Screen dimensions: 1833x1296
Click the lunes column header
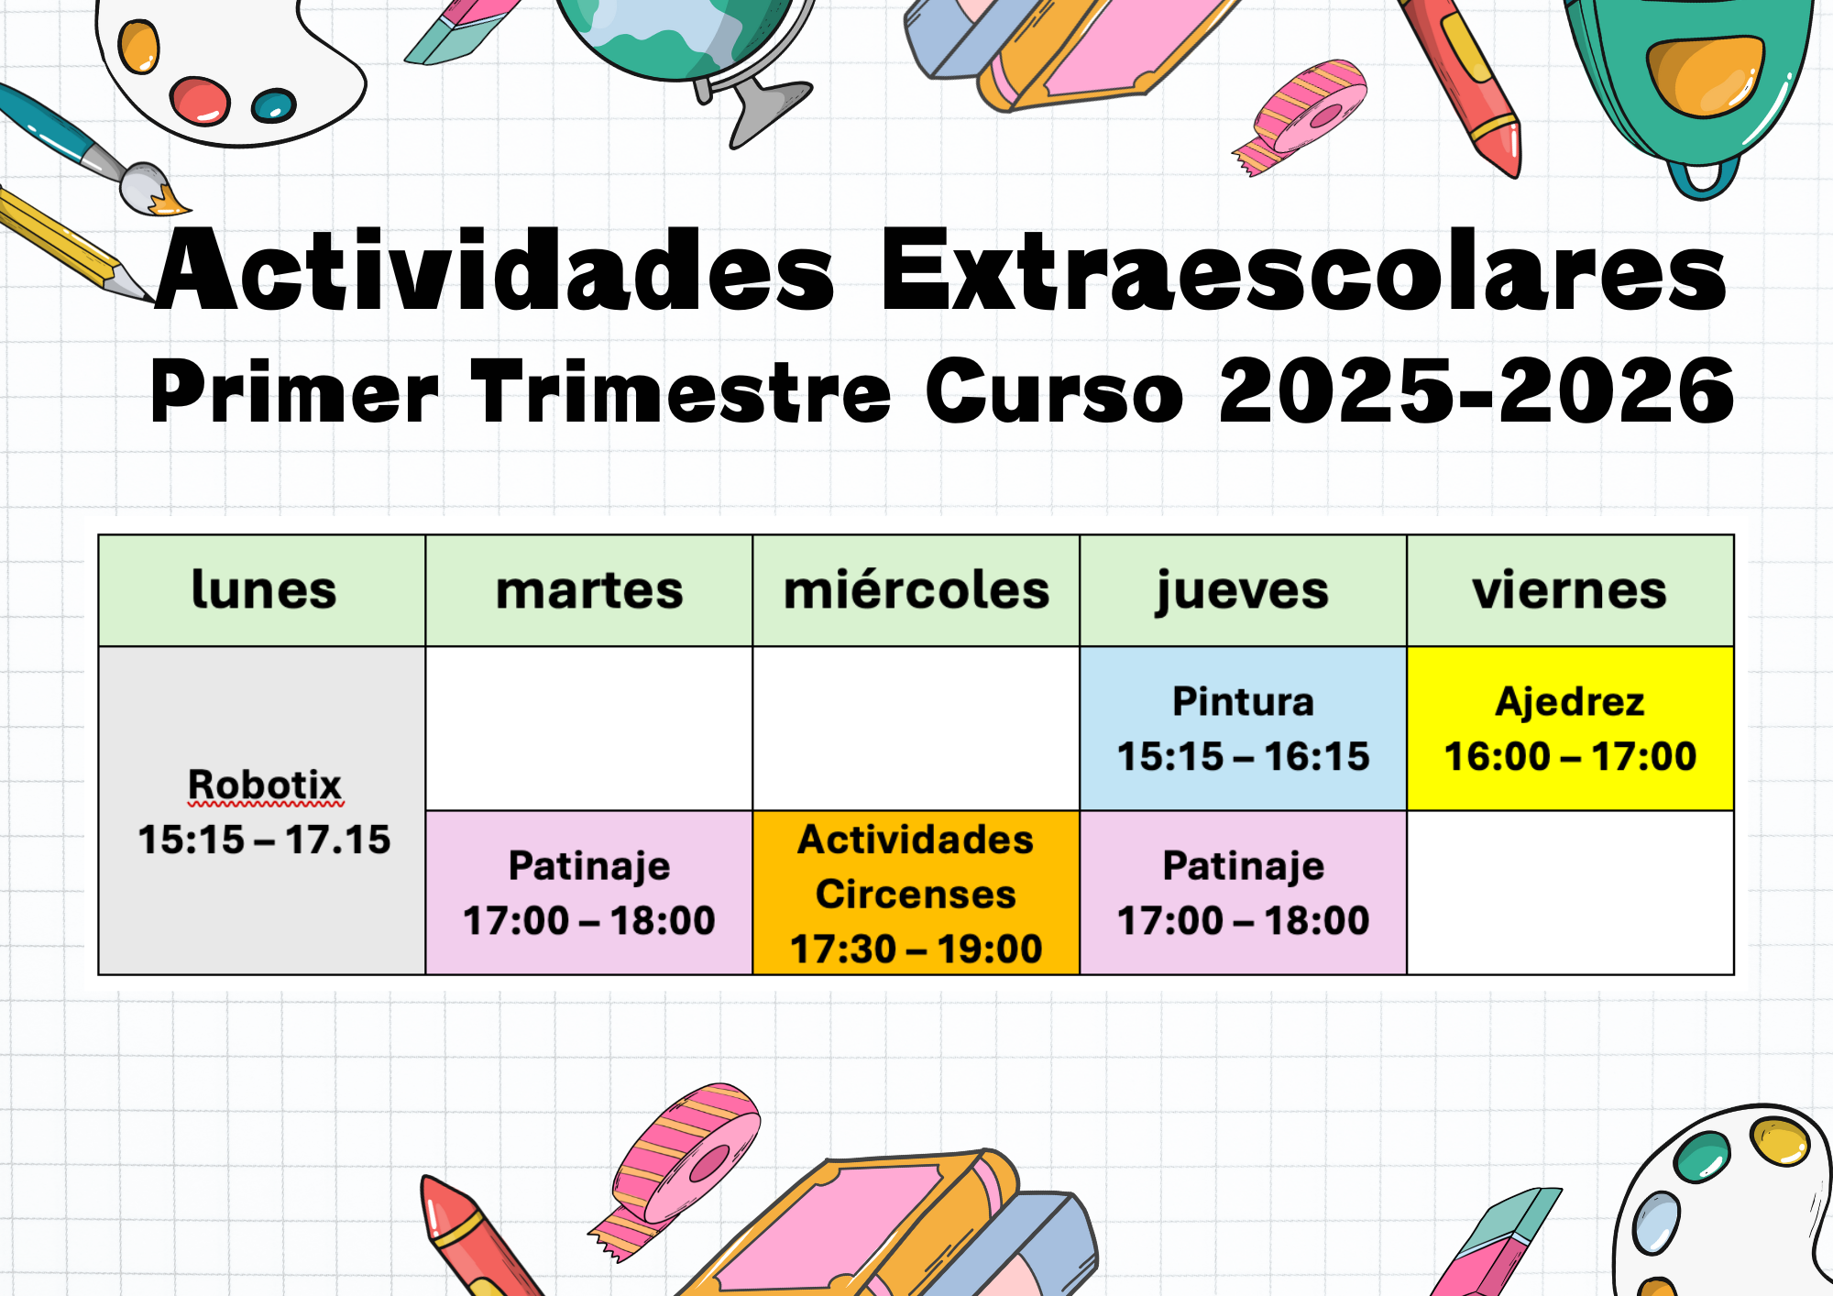click(x=262, y=590)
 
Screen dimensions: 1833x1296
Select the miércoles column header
click(x=916, y=590)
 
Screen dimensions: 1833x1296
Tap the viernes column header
click(x=1570, y=590)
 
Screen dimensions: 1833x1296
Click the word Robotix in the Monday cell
click(x=264, y=785)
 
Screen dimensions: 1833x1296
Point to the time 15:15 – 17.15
click(x=264, y=840)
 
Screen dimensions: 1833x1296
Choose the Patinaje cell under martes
click(x=589, y=893)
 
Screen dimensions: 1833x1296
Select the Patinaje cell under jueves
click(x=1243, y=893)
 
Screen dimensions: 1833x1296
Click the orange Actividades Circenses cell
click(x=916, y=893)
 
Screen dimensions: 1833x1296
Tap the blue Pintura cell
click(x=1243, y=729)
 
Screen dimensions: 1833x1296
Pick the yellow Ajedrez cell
click(x=1570, y=729)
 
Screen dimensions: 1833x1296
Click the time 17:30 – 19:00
click(x=916, y=949)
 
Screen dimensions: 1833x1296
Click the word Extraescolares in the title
click(x=1303, y=270)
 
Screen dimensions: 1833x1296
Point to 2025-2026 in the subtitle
click(x=1476, y=391)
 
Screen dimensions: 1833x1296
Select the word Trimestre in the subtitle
click(x=680, y=391)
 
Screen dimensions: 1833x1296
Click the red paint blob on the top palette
click(x=200, y=100)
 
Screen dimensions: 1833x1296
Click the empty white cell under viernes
click(x=1570, y=893)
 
